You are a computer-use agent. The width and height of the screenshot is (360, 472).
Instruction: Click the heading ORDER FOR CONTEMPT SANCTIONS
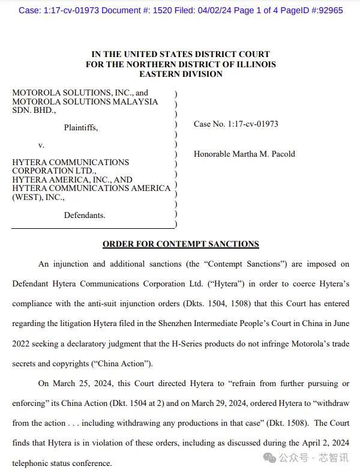click(181, 244)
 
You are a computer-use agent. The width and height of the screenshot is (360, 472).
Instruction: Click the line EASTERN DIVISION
click(181, 74)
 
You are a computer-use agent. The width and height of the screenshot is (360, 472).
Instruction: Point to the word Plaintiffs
click(81, 127)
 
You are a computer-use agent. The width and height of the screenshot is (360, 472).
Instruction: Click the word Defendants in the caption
click(85, 215)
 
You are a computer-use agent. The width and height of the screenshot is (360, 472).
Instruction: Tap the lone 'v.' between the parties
click(41, 145)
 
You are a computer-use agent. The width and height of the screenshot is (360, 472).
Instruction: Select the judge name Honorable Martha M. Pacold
click(244, 154)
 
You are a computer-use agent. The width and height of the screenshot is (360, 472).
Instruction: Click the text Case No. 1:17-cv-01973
click(236, 124)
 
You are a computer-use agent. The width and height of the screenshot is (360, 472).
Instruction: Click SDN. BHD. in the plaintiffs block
click(34, 110)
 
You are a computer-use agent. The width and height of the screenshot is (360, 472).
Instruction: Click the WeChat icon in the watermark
click(269, 458)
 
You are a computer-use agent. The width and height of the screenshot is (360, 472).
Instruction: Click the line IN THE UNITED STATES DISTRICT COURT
click(181, 54)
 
